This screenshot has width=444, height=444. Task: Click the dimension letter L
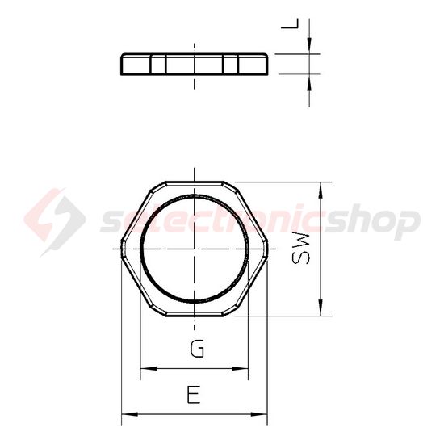290,23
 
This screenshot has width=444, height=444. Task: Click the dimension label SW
301,249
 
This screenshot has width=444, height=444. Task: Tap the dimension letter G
197,348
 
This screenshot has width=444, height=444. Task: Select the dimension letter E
194,394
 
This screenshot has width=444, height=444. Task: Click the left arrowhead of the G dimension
149,368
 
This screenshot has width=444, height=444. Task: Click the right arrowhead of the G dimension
240,368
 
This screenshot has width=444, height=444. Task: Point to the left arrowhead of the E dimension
130,414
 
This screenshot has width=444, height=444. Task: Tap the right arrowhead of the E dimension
259,414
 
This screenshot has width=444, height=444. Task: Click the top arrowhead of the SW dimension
320,190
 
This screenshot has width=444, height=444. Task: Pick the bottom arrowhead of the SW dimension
320,308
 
